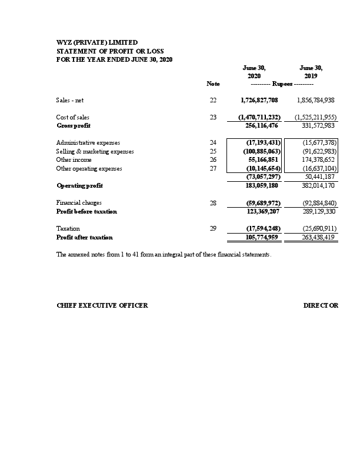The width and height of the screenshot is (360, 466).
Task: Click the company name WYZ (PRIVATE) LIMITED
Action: coord(97,42)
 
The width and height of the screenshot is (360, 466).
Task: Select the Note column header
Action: coord(213,84)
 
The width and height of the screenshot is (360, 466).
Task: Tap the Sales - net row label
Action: coord(74,101)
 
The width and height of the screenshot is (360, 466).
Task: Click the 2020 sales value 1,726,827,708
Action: coord(259,101)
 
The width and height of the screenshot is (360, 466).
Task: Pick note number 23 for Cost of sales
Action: coord(213,117)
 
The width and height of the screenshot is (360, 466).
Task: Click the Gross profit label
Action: coord(74,125)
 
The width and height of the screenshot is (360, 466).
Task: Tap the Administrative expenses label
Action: coord(88,143)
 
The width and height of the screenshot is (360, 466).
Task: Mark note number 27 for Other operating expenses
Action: coord(213,168)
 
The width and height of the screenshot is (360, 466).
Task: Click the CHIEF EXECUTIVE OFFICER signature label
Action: coord(102,306)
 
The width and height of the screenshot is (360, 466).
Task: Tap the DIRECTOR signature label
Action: coord(321,306)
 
